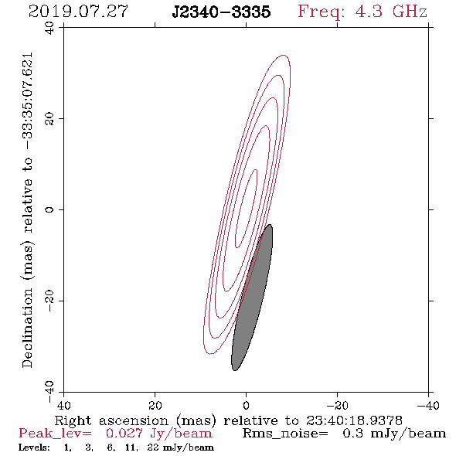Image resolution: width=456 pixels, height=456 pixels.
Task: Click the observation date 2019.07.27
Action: point(78,12)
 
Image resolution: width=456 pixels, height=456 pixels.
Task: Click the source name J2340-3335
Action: point(221,12)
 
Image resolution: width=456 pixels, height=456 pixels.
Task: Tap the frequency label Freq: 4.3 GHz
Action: point(362,12)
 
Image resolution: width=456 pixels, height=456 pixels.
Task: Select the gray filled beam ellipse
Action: point(252,298)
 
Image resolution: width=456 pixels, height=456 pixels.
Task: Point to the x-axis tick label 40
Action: point(63,405)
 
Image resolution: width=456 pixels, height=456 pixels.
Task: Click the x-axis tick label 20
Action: point(155,405)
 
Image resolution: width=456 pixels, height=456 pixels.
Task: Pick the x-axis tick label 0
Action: point(246,405)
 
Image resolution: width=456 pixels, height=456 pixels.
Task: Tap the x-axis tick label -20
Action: point(337,405)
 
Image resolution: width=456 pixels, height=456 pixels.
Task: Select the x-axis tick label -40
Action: point(428,405)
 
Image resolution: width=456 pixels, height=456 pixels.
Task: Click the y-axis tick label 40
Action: point(49,28)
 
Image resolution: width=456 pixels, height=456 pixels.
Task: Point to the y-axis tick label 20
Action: point(49,119)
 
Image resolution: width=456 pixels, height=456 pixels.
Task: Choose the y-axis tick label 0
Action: point(49,209)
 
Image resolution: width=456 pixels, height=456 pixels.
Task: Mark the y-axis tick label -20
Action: point(49,301)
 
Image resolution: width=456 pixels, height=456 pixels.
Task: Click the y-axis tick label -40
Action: point(49,392)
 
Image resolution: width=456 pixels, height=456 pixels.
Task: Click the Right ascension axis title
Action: point(228,420)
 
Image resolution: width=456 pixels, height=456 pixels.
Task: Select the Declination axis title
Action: point(28,210)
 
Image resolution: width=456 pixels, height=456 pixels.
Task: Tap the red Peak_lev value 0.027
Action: point(124,434)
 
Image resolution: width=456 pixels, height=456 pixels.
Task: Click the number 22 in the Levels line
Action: point(153,447)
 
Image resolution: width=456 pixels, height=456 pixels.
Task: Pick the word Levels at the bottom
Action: point(34,447)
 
